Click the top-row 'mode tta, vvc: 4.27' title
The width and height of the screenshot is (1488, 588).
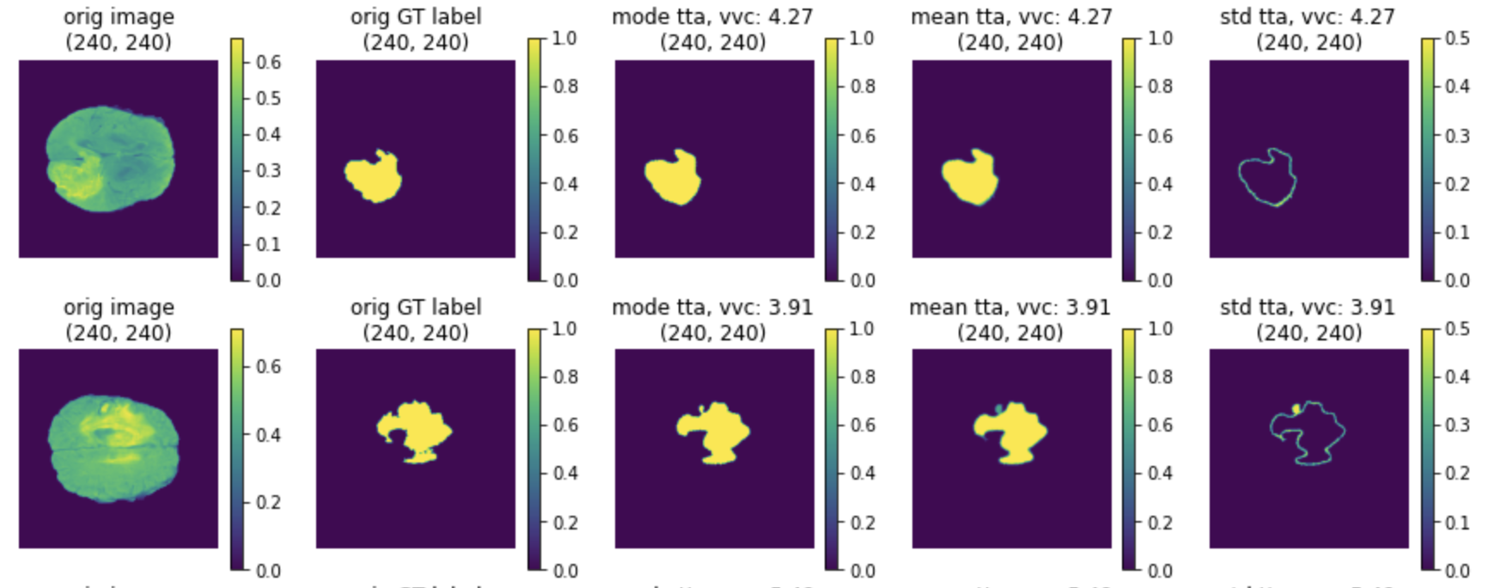(712, 17)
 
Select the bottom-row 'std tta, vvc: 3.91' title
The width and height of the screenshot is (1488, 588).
(1308, 308)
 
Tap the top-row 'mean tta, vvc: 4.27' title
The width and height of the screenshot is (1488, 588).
(1010, 17)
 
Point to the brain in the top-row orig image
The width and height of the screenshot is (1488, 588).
(110, 159)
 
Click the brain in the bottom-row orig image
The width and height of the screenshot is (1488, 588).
(113, 447)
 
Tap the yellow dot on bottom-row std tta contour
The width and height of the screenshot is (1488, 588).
(1296, 409)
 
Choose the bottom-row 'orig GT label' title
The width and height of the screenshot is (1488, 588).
(416, 308)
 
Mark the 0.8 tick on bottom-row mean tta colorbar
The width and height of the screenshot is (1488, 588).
(1160, 377)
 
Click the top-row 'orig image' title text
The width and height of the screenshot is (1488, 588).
(119, 17)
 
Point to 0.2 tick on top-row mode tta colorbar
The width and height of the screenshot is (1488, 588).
(862, 232)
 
